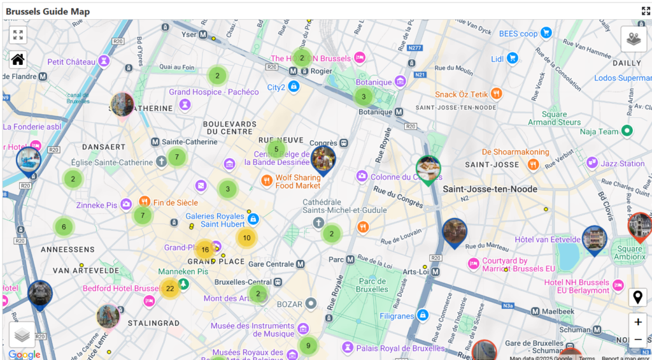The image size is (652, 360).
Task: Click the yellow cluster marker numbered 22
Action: click(x=170, y=289)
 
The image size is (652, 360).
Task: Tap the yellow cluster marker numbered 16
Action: click(x=205, y=250)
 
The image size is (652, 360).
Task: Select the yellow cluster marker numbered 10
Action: click(x=246, y=238)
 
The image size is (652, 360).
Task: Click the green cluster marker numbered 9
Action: click(x=308, y=346)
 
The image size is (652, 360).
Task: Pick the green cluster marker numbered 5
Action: click(x=276, y=150)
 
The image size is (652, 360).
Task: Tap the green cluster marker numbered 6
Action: click(x=64, y=226)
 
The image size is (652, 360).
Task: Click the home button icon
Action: click(x=18, y=60)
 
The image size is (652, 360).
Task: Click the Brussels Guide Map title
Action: click(x=48, y=11)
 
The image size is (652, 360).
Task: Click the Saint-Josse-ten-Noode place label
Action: click(x=490, y=189)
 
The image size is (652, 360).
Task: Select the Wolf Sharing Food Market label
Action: click(x=298, y=182)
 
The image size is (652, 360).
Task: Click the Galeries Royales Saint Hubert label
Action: click(x=215, y=220)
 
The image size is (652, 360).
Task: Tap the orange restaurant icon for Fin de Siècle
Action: click(x=145, y=202)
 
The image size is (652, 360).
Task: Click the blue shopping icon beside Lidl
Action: click(x=513, y=59)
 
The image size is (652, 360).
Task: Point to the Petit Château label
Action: click(x=71, y=62)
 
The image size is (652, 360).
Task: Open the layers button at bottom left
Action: click(x=22, y=335)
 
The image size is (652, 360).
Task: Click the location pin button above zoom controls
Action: click(x=637, y=297)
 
